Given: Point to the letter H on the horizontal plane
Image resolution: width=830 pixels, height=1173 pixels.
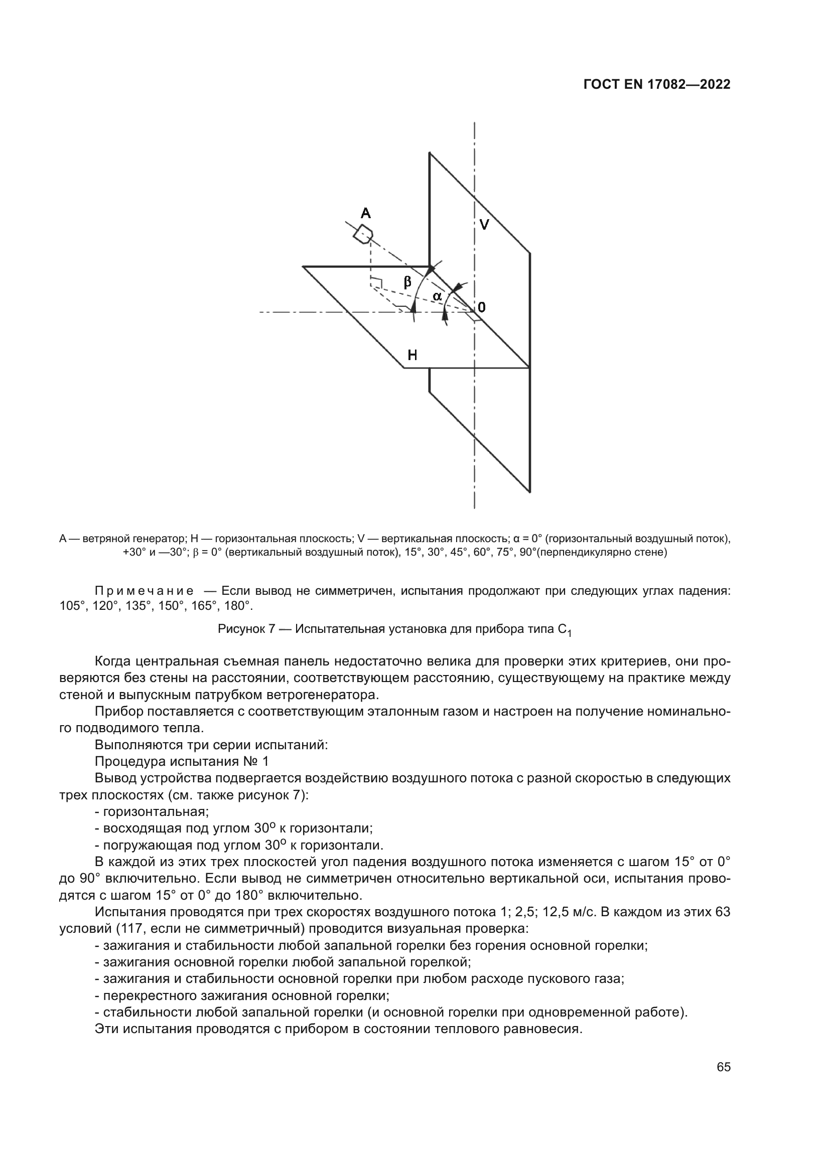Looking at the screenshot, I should pyautogui.click(x=412, y=355).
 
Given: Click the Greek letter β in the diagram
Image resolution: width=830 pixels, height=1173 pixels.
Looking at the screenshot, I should pyautogui.click(x=407, y=281).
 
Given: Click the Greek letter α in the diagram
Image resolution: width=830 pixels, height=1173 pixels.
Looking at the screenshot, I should pyautogui.click(x=437, y=296).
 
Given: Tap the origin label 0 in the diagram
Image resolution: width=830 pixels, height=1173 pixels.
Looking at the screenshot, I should pyautogui.click(x=481, y=307).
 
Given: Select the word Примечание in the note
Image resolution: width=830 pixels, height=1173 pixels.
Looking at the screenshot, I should pyautogui.click(x=144, y=592).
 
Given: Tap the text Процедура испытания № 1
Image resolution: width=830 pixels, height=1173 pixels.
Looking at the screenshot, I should pyautogui.click(x=182, y=762).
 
